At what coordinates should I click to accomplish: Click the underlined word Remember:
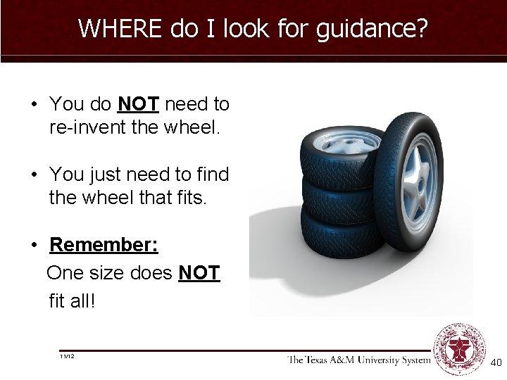(x=104, y=245)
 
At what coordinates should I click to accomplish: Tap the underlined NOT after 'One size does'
(x=199, y=273)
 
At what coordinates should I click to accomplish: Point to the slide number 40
(x=495, y=362)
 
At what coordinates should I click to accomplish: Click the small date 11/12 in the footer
(x=68, y=357)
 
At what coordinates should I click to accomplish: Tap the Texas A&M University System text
(x=358, y=360)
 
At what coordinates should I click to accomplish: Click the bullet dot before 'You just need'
(x=33, y=175)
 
